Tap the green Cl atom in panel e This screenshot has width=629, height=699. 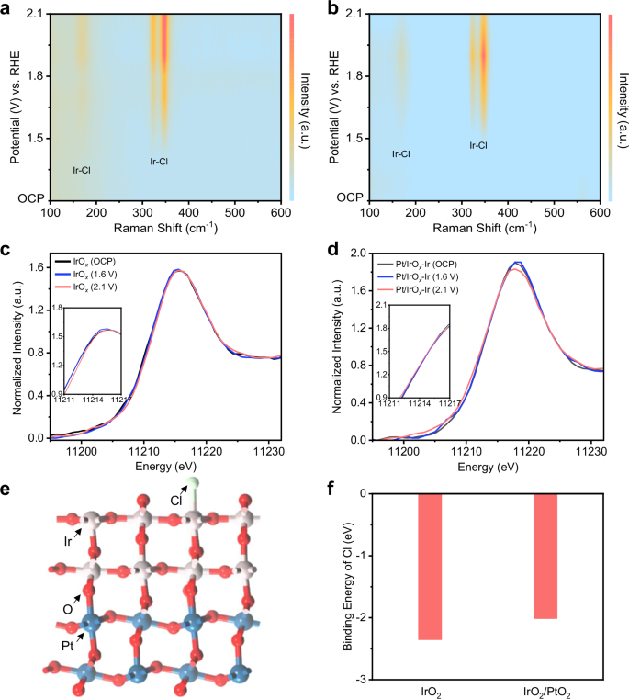[x=192, y=484]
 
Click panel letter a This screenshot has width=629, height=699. [x=7, y=8]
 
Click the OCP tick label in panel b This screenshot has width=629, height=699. [x=349, y=198]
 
